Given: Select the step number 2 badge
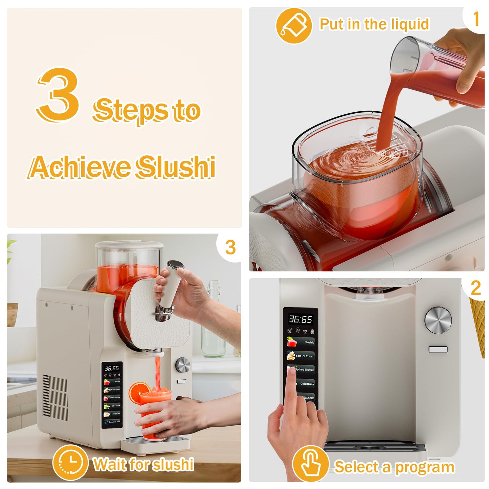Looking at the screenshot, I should (x=475, y=288).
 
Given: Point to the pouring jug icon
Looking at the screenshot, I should (x=293, y=26).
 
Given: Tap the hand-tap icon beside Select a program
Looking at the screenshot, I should (x=310, y=464).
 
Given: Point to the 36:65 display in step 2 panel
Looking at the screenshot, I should (x=300, y=319).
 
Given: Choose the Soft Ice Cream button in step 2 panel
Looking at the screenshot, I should (x=301, y=356).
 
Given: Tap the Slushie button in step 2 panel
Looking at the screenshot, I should (x=301, y=342).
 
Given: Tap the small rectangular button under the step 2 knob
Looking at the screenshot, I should (x=438, y=349).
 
